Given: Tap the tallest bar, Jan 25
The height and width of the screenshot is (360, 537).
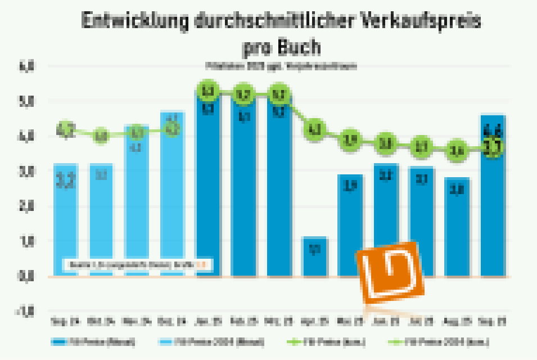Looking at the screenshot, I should (x=207, y=186).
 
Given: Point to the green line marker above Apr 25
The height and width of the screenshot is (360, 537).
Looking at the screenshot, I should (x=314, y=130).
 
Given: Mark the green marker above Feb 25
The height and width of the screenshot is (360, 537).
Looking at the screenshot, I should (x=243, y=95).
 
